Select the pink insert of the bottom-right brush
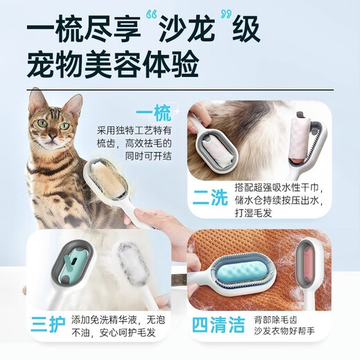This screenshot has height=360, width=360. (317, 265)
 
